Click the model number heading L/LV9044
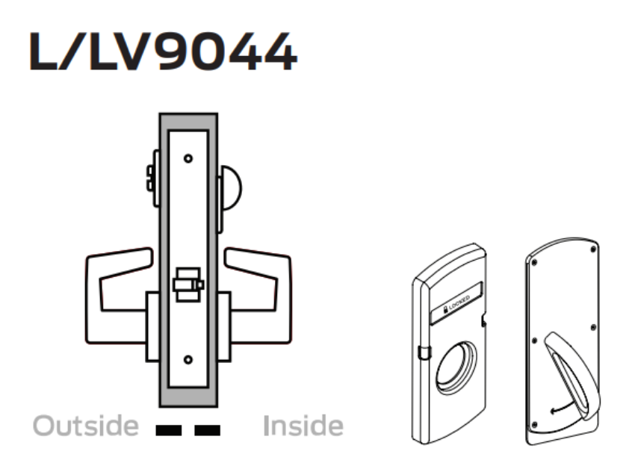[163, 52]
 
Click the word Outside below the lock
[86, 426]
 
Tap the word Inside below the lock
[303, 426]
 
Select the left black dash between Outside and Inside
[170, 429]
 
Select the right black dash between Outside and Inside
[207, 429]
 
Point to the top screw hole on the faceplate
[188, 159]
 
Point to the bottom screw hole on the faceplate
[188, 361]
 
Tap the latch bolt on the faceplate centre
[188, 285]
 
